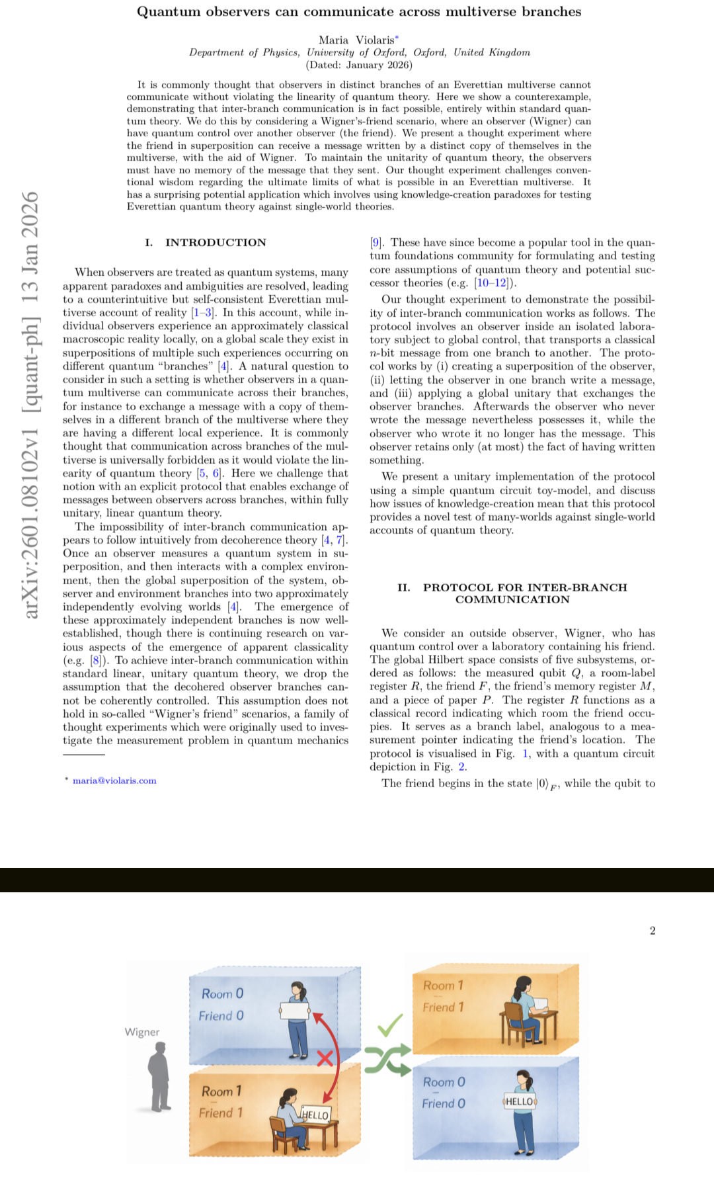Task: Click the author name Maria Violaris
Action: pos(356,40)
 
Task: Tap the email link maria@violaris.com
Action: pos(114,781)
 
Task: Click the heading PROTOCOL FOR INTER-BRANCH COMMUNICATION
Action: pos(512,593)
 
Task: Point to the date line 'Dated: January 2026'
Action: pos(359,65)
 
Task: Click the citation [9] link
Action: pos(376,242)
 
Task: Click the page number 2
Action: pos(653,931)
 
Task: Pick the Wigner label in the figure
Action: pos(142,1032)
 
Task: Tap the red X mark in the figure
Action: pos(325,1058)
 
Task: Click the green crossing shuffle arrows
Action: pos(387,1060)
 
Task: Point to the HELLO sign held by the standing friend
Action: pos(520,1101)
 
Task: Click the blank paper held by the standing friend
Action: pos(295,1011)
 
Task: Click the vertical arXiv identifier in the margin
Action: pos(30,405)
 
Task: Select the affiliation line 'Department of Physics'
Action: pos(359,52)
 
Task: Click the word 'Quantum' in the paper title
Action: pos(168,11)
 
